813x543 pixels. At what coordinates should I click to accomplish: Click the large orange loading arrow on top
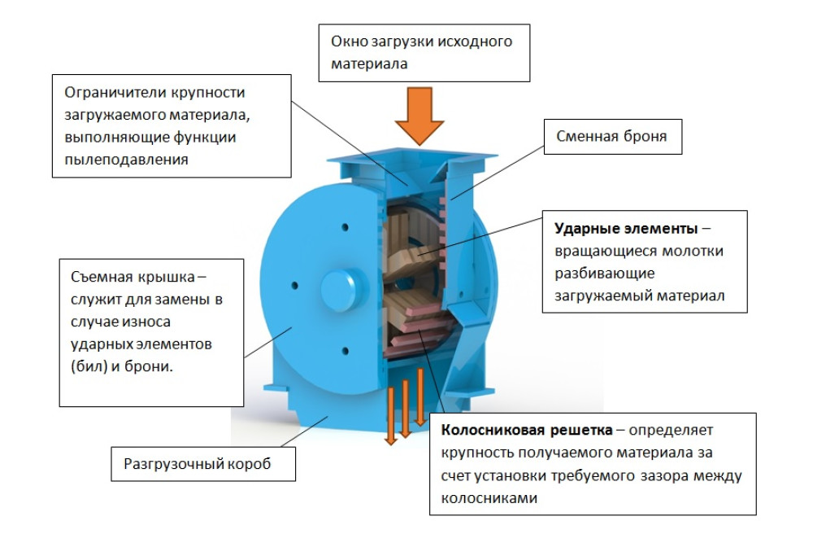420,116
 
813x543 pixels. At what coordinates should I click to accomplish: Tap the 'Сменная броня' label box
612,137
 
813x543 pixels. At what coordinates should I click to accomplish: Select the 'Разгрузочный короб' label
203,464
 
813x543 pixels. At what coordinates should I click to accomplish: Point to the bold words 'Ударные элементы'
626,229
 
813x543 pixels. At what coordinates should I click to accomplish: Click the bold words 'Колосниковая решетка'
527,431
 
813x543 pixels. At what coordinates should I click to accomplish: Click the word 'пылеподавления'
127,160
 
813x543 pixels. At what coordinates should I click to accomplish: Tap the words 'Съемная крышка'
133,277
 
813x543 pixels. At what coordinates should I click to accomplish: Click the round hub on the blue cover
339,291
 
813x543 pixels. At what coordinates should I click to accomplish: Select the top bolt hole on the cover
346,227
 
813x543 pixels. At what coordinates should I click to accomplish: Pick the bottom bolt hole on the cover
346,352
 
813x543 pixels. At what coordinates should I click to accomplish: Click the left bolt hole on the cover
295,286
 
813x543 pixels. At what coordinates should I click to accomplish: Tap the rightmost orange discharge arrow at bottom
420,397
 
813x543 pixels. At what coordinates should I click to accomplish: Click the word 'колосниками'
489,498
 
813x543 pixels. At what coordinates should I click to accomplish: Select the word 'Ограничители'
113,93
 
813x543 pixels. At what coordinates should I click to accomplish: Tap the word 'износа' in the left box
146,322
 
